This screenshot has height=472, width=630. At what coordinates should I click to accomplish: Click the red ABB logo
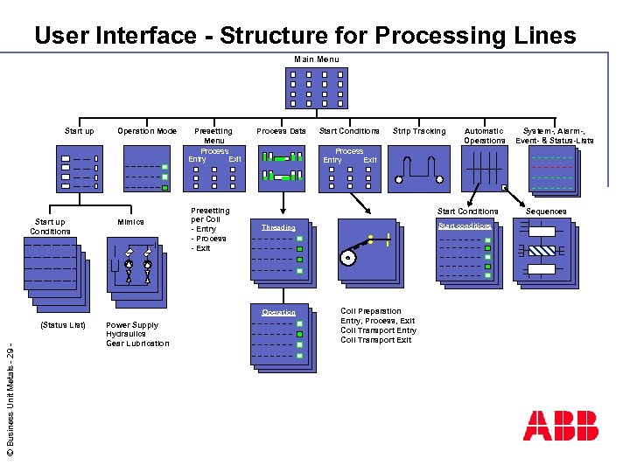(x=560, y=425)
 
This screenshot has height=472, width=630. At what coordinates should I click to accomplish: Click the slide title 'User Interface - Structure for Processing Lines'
(x=304, y=36)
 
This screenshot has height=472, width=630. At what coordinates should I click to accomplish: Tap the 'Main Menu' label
(x=316, y=59)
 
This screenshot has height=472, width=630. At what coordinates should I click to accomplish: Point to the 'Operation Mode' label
(x=147, y=131)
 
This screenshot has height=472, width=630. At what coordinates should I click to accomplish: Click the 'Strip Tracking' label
(x=419, y=131)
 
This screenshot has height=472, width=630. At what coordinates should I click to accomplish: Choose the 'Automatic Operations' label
(x=485, y=135)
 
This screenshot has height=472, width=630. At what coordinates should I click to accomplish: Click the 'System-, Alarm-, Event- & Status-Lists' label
(x=555, y=135)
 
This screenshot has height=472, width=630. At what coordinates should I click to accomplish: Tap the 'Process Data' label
(x=282, y=131)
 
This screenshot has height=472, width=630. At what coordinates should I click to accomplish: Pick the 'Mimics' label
(x=130, y=222)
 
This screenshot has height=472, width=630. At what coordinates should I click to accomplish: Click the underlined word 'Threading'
(x=278, y=228)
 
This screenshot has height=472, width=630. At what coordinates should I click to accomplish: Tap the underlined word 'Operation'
(x=278, y=312)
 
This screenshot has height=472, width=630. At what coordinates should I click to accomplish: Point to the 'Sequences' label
(x=546, y=212)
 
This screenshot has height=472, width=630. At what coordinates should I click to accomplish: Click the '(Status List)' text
(x=63, y=325)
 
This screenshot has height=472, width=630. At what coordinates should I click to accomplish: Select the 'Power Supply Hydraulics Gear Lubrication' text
(x=137, y=334)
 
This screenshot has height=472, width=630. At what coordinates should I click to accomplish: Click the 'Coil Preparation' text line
(x=371, y=311)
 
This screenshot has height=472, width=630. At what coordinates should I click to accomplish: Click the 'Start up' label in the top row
(x=80, y=131)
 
